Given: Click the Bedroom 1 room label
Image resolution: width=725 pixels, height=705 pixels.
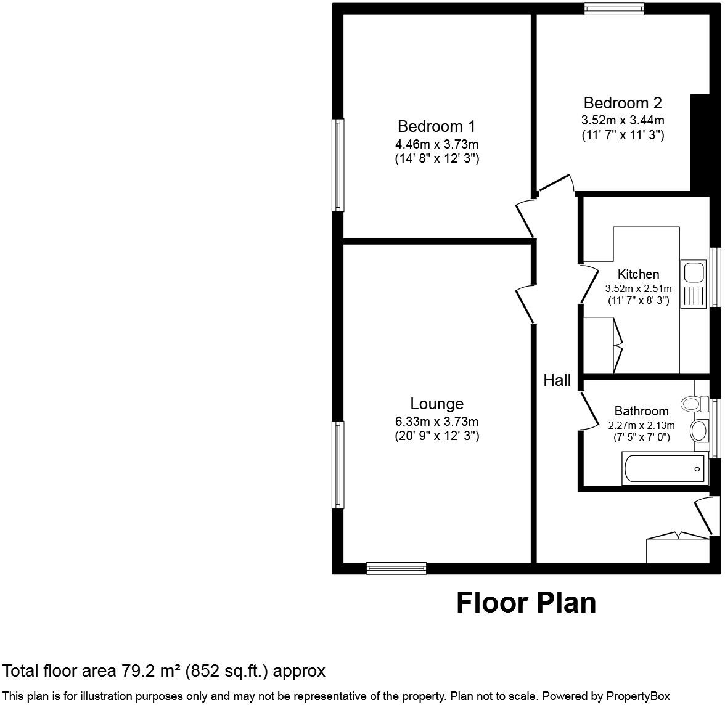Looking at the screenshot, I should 436,127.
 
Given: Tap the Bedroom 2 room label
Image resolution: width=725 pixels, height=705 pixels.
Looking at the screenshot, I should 623,103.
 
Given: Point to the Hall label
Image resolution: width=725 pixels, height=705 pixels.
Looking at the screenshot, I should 557,381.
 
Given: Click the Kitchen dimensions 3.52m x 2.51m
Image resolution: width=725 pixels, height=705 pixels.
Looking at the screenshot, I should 638,288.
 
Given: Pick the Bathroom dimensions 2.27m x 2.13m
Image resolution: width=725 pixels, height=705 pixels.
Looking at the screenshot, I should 641,425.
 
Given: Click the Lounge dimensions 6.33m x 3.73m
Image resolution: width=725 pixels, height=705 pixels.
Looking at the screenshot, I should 436,422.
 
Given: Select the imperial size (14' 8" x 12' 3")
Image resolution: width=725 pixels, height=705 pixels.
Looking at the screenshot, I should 436,159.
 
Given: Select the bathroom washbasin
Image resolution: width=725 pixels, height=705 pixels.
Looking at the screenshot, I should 699,430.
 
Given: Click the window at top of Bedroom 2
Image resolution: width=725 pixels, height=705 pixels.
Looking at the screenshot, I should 614,9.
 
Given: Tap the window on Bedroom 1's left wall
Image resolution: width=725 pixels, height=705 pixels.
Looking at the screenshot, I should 338,165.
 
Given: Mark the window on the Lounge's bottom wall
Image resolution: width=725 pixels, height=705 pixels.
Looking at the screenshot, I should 396,568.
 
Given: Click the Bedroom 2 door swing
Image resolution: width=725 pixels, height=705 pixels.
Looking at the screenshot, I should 556,183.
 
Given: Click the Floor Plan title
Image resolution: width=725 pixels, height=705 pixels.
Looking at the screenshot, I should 526,603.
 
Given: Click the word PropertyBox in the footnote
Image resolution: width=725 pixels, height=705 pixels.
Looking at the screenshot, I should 638,696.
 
